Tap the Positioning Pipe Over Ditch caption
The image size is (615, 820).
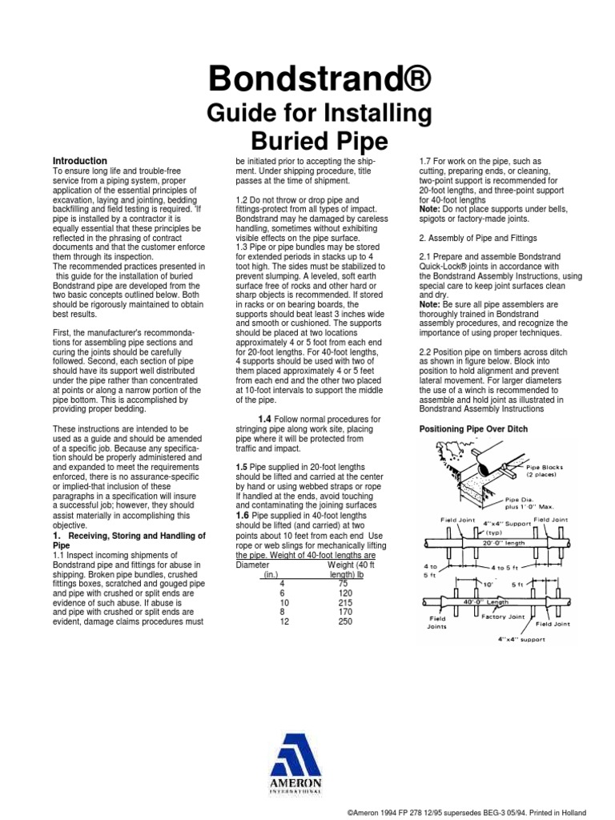tap(474, 429)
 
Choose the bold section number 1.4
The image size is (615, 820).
tap(264, 419)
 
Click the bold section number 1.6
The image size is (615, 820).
tap(243, 516)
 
